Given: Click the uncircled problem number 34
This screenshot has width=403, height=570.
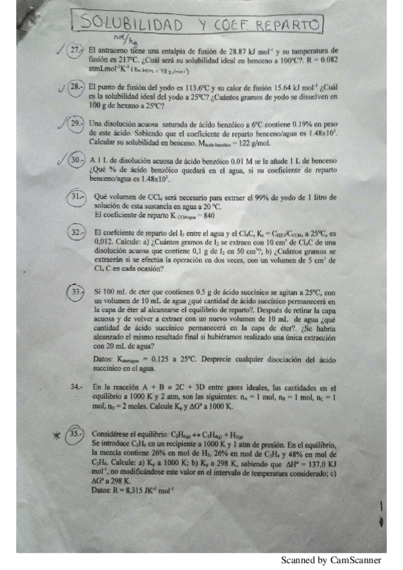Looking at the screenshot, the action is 77,387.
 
